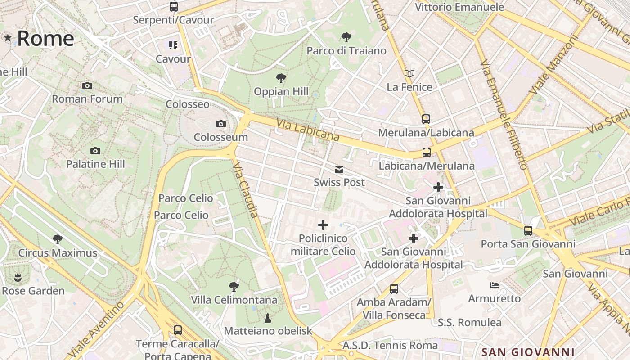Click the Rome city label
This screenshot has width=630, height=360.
click(x=45, y=38)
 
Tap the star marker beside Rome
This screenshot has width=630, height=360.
click(x=8, y=38)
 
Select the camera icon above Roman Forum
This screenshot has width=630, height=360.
click(x=87, y=85)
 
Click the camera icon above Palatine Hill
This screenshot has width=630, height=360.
click(x=95, y=151)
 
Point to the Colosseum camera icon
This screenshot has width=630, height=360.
click(x=220, y=124)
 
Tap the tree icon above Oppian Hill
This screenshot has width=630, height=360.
click(x=281, y=78)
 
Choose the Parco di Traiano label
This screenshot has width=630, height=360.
click(x=346, y=50)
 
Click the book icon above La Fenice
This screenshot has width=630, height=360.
click(x=409, y=73)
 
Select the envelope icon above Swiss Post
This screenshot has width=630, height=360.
click(x=339, y=170)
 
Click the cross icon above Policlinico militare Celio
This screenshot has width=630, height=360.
click(x=323, y=225)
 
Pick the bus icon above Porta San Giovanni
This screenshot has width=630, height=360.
click(x=528, y=231)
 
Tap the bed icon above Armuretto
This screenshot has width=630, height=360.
click(x=494, y=285)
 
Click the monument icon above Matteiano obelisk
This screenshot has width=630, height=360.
click(x=268, y=318)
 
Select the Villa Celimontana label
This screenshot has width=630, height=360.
click(x=234, y=300)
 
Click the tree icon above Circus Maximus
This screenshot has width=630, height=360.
click(x=57, y=239)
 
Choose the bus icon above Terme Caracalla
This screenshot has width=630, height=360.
click(x=177, y=330)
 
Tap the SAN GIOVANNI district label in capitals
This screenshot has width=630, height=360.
click(x=527, y=352)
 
